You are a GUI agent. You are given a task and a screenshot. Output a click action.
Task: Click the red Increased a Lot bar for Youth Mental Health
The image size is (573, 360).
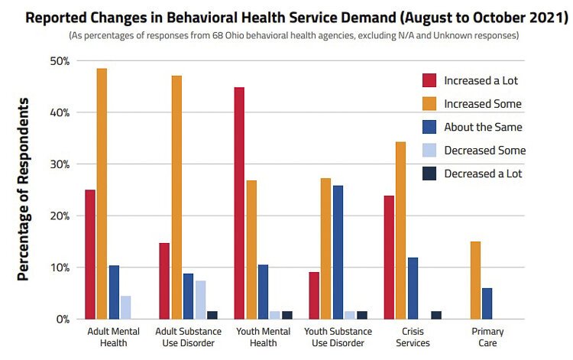(x=239, y=203)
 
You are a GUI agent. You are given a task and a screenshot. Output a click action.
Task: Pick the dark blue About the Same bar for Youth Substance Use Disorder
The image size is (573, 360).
(x=337, y=252)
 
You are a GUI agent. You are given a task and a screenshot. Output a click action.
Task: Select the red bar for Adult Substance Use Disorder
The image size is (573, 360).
(x=164, y=281)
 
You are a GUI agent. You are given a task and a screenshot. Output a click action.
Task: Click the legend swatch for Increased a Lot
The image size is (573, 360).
(x=429, y=80)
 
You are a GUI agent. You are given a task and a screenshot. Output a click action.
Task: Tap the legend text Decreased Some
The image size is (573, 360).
(x=484, y=151)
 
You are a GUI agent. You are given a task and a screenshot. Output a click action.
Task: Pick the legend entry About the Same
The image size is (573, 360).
(x=482, y=127)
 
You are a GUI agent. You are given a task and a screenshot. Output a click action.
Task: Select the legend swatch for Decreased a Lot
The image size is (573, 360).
(x=429, y=174)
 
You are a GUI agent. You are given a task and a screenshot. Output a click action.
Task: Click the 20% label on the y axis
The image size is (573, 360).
(x=60, y=216)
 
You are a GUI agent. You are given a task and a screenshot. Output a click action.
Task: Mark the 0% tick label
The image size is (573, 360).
(x=63, y=319)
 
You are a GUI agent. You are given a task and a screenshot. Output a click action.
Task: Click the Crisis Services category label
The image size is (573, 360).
(x=413, y=336)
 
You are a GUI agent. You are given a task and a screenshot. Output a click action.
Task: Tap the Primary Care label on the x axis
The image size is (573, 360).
(x=487, y=336)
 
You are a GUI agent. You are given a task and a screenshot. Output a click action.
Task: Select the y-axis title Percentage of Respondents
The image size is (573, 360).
(x=24, y=189)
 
